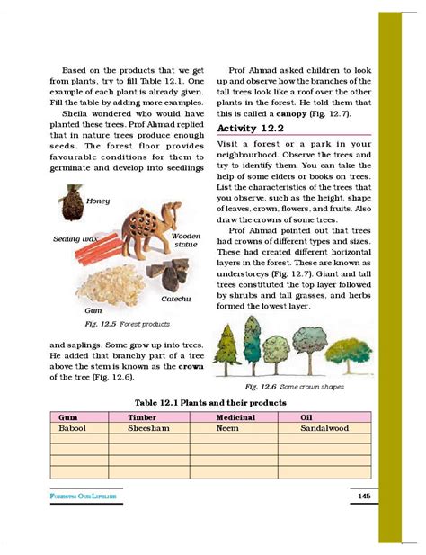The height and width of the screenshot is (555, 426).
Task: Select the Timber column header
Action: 142,417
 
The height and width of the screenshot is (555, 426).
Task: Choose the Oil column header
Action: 307,417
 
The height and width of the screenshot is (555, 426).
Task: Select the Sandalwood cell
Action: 326,428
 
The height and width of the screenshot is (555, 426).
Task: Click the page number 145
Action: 364,496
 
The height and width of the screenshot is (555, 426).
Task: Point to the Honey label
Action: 98,201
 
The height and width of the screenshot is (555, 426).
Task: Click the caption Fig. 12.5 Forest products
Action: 117,323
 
